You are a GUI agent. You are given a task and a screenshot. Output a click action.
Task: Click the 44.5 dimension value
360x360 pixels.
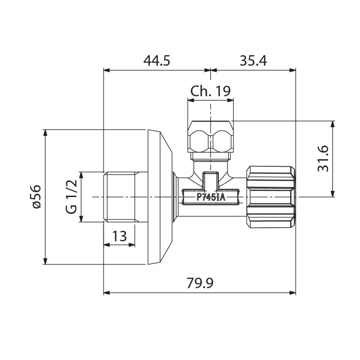pyautogui.click(x=157, y=61)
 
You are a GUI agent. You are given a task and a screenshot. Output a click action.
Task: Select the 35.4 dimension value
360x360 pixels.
pyautogui.click(x=253, y=61)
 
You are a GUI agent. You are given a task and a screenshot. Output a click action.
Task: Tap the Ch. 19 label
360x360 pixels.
pyautogui.click(x=211, y=91)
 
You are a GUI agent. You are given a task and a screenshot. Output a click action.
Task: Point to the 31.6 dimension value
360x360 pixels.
pyautogui.click(x=323, y=158)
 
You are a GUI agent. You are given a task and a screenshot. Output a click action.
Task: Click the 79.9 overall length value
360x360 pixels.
pyautogui.click(x=200, y=283)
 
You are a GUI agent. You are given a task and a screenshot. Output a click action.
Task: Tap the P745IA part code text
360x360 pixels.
pyautogui.click(x=211, y=197)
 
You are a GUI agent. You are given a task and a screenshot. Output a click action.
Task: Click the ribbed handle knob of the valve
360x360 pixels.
pyautogui.click(x=271, y=197)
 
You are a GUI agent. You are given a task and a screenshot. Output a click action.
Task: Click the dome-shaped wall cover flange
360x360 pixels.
pyautogui.click(x=160, y=197)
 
